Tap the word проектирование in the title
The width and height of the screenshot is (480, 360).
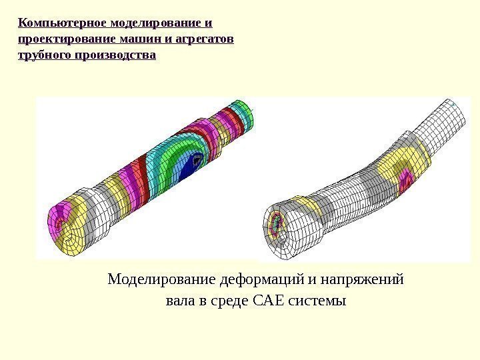pos(63,39)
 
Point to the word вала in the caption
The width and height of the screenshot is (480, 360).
pos(181,301)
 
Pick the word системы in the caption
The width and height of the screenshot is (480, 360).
pos(321,301)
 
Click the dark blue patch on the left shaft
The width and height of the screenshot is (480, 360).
pos(197,162)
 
